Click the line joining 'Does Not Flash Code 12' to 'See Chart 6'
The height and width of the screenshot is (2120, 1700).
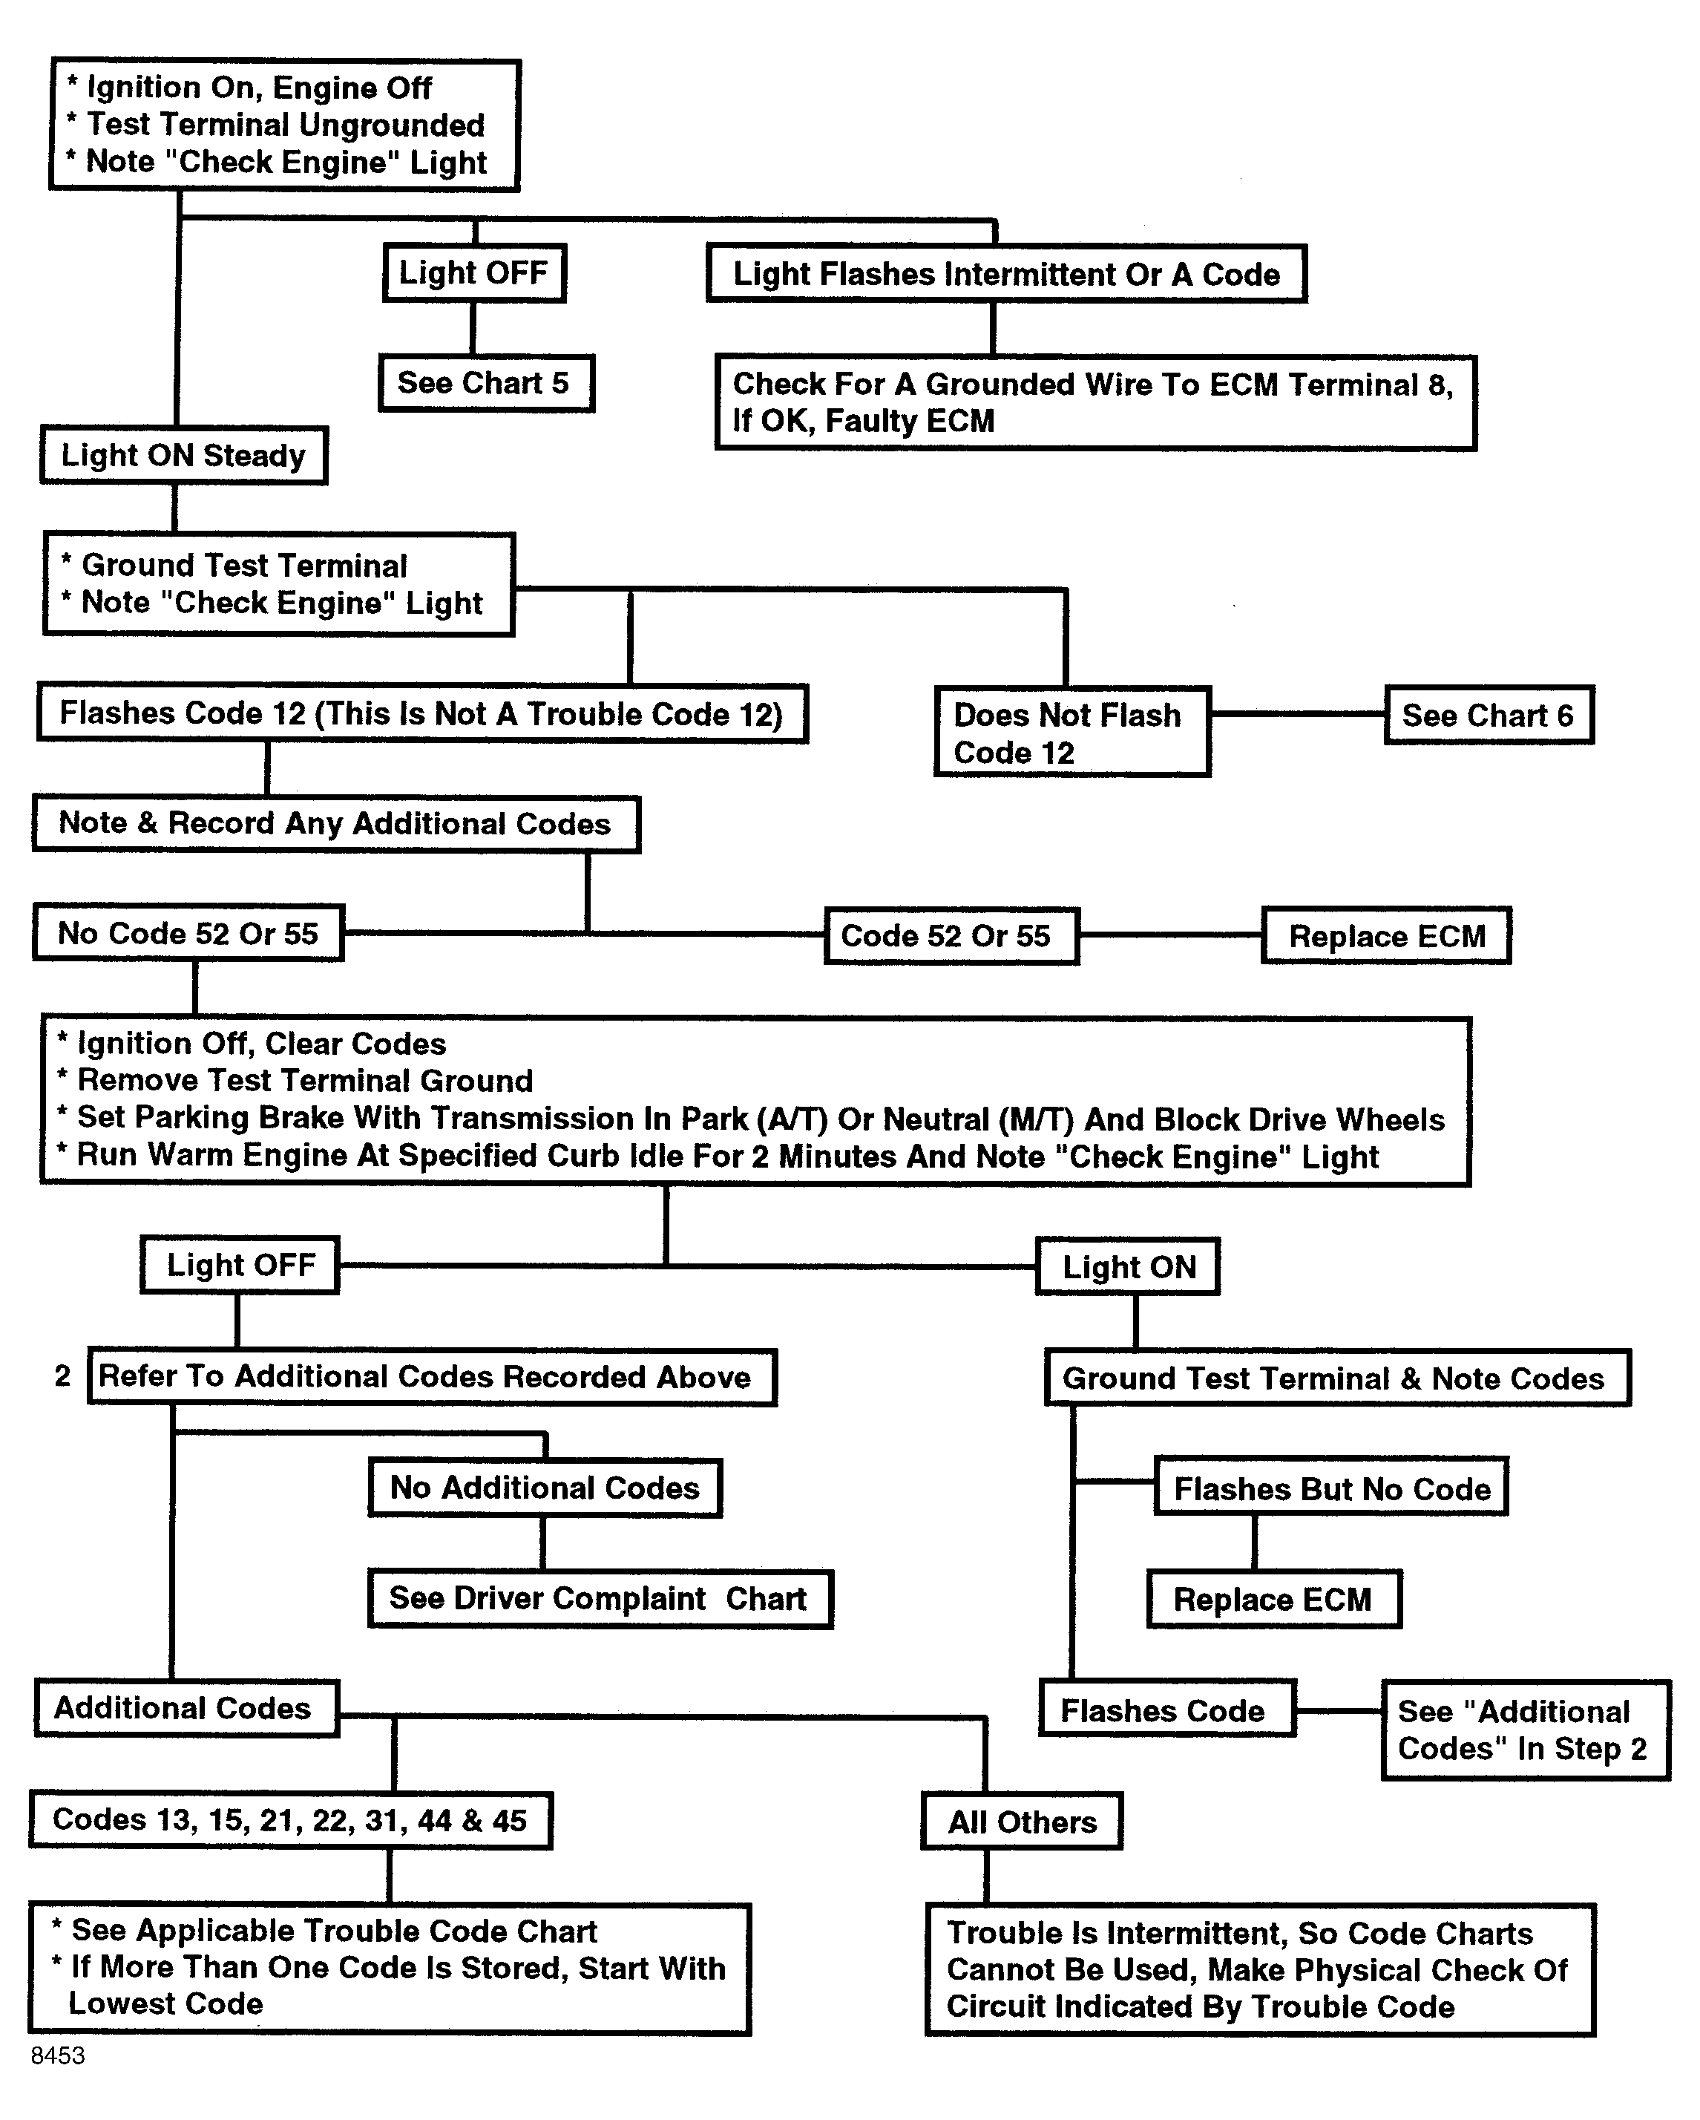(1298, 715)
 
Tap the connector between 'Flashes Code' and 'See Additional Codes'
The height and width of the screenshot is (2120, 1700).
(1339, 1711)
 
